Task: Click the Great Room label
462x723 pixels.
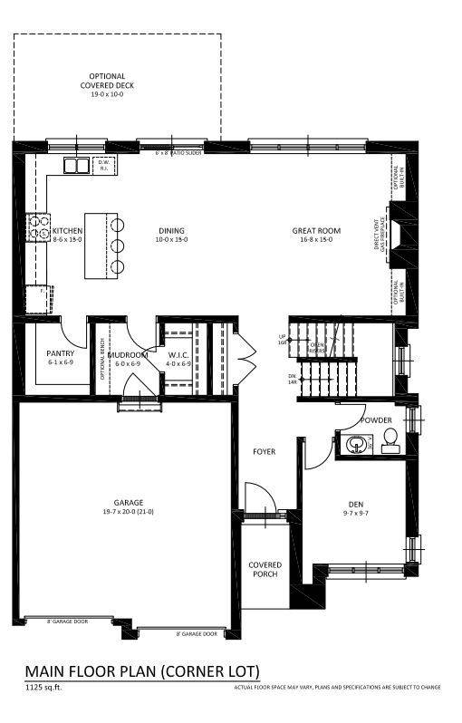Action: [315, 231]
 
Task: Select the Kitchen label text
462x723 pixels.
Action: [68, 231]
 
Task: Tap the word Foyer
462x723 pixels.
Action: [265, 451]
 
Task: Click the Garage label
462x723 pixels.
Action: [129, 502]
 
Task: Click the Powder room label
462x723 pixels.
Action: [375, 420]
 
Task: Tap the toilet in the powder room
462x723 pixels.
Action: [390, 441]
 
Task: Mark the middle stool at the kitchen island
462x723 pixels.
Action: [117, 246]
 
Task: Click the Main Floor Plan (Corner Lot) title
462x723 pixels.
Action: [142, 671]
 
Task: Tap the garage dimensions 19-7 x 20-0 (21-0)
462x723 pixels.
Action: [129, 512]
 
